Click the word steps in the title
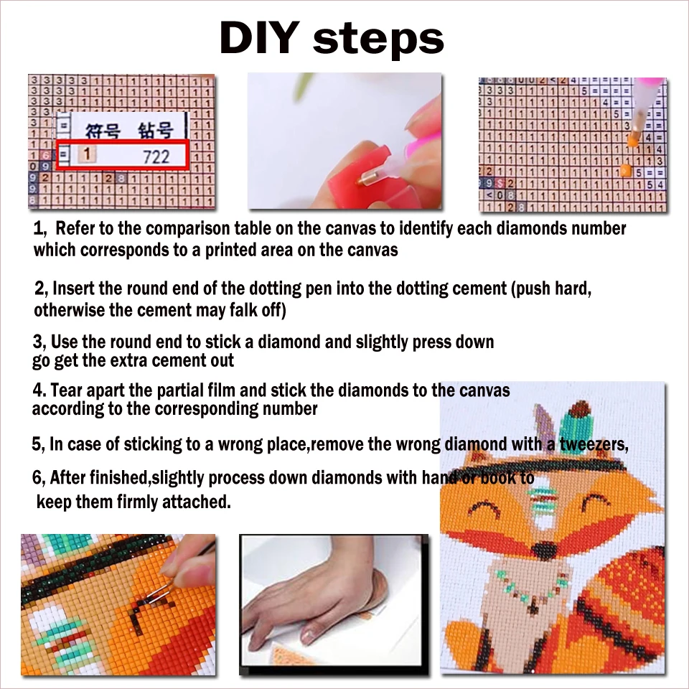click(x=378, y=39)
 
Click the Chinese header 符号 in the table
click(x=100, y=130)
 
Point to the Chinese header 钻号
click(x=155, y=130)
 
